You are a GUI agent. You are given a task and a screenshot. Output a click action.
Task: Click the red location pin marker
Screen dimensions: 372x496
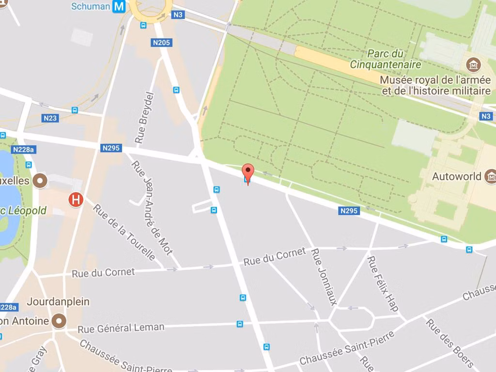(248, 172)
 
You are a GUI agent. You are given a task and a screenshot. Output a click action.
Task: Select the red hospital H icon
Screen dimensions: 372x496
(76, 200)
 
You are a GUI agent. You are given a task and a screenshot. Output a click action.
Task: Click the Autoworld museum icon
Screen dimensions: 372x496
(490, 176)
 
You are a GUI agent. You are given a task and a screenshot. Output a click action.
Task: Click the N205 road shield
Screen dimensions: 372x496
(161, 43)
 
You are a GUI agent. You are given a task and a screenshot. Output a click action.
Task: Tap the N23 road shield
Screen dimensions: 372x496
(50, 118)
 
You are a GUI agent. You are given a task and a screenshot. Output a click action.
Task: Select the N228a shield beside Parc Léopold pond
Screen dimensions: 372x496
(23, 149)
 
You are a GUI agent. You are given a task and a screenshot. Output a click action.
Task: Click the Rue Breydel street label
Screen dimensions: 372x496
(144, 118)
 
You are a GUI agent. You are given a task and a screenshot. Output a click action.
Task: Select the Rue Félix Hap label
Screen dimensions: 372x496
(383, 284)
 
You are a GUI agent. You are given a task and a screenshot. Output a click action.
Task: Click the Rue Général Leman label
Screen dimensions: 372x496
(121, 328)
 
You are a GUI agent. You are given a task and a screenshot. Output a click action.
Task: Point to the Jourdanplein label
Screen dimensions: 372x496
(58, 301)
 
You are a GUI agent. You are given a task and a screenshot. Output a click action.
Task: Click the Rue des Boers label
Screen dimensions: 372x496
(449, 342)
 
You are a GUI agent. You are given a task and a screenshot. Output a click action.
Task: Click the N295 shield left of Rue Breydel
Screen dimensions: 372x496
(111, 148)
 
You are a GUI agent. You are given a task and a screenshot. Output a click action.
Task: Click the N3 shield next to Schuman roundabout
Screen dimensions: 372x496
(178, 15)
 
